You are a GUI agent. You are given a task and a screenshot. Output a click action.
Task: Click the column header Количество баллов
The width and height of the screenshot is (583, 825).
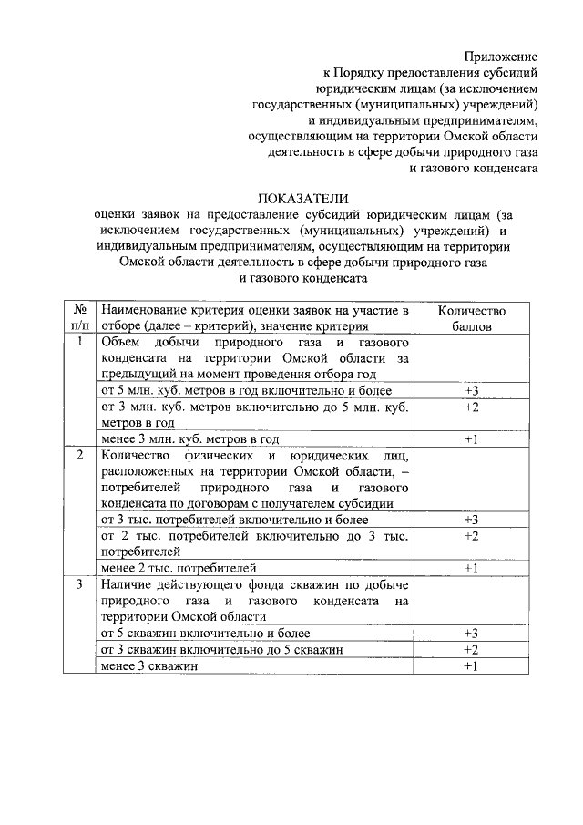pos(471,318)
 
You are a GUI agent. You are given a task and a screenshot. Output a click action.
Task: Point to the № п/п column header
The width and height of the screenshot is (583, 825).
pos(80,318)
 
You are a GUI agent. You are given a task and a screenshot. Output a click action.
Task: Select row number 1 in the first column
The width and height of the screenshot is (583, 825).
pos(80,343)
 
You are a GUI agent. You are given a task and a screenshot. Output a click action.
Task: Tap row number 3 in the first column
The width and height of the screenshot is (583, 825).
pos(80,583)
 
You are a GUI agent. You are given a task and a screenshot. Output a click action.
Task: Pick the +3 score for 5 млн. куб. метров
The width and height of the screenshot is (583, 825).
pos(471,391)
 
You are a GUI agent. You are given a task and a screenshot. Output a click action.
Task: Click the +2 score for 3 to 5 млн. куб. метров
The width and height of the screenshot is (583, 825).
pos(471,407)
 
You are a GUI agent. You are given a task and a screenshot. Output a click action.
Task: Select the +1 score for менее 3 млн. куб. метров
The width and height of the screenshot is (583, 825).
pos(471,439)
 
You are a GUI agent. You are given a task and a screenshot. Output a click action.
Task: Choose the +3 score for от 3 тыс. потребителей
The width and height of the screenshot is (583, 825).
pos(471,520)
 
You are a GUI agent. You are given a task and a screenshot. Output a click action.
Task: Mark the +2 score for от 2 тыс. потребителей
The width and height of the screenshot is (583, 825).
pos(471,536)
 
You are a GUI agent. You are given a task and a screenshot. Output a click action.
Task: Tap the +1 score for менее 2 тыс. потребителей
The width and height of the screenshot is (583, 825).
pos(471,568)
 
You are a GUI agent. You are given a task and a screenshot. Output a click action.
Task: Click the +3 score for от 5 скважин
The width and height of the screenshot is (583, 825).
pos(471,633)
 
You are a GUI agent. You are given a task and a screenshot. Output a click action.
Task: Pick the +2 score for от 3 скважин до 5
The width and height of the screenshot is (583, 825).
pos(471,649)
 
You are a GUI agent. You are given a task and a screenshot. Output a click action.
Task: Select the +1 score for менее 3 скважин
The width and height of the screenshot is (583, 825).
pos(471,665)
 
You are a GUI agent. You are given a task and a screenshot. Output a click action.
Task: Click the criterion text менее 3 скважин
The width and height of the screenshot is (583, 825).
pos(149,665)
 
